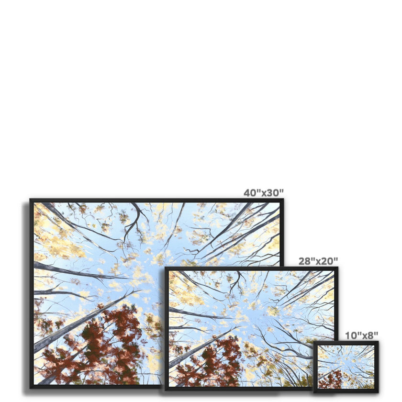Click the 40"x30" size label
point(263,193)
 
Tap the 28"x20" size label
point(318,261)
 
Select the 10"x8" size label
point(362,335)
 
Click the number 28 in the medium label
point(305,261)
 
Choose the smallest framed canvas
point(346,367)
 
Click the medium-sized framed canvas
point(251,328)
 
